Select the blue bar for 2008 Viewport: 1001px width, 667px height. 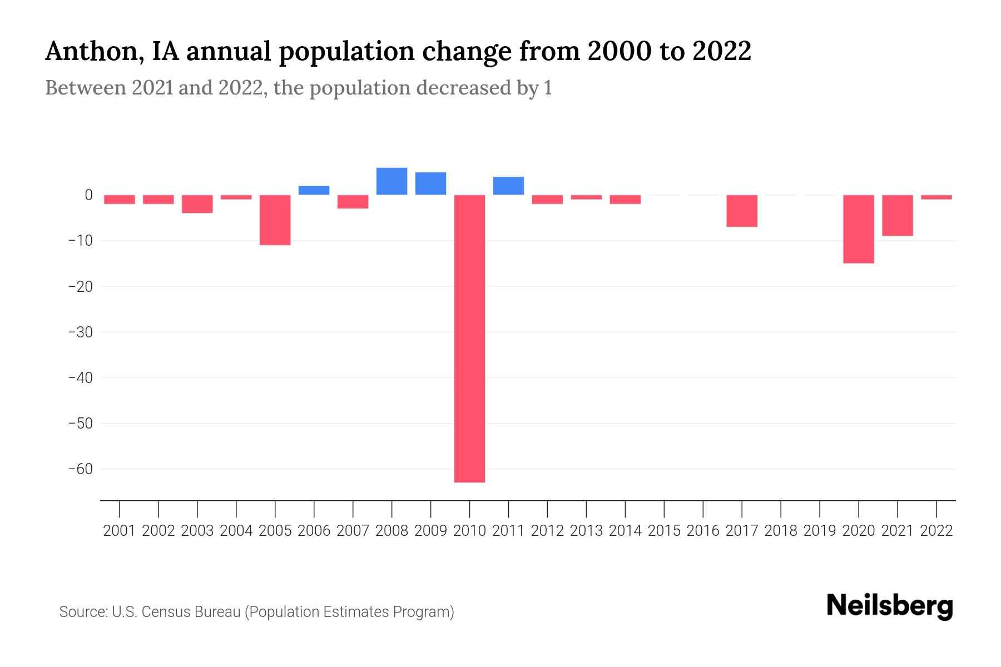pos(392,181)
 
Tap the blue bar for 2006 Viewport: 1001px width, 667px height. pos(314,190)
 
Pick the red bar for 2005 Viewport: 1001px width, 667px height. pos(275,220)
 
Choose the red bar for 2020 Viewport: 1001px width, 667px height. pos(859,229)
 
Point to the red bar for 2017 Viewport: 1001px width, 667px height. pos(742,211)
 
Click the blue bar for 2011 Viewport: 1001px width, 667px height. pos(508,186)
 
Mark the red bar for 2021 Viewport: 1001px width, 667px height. pos(898,215)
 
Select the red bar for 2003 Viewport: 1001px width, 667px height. pos(197,204)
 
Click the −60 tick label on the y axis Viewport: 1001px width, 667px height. pos(80,469)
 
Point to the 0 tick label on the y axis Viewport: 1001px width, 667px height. pos(88,195)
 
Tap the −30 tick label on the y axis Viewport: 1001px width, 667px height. pos(80,332)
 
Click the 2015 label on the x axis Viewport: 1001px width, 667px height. pos(664,531)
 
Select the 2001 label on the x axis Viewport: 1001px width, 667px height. pos(120,531)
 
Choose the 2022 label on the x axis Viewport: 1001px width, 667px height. pos(936,531)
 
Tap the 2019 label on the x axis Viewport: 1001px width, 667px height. pos(820,531)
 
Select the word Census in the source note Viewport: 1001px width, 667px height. pos(166,612)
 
